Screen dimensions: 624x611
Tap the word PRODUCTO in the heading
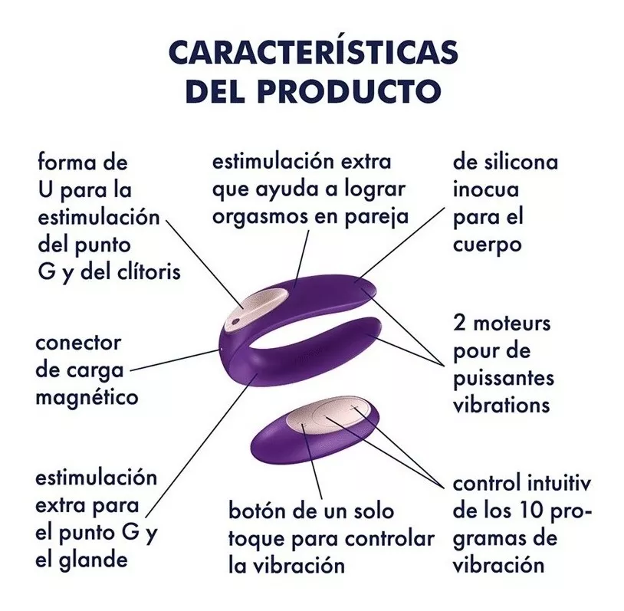pos(349,90)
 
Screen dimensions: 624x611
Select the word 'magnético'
pos(87,398)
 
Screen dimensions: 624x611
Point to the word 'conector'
pos(78,343)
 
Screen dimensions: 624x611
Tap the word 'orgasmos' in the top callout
pos(261,217)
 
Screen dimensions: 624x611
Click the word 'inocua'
pos(486,189)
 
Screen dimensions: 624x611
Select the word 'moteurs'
pos(512,324)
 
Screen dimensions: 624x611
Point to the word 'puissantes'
pos(504,379)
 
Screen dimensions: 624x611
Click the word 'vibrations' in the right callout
pos(501,406)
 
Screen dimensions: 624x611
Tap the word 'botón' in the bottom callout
pos(257,511)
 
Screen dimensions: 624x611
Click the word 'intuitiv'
pos(559,483)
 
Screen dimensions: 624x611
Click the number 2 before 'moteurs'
pos(459,324)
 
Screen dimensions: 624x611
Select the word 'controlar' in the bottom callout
pos(389,539)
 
